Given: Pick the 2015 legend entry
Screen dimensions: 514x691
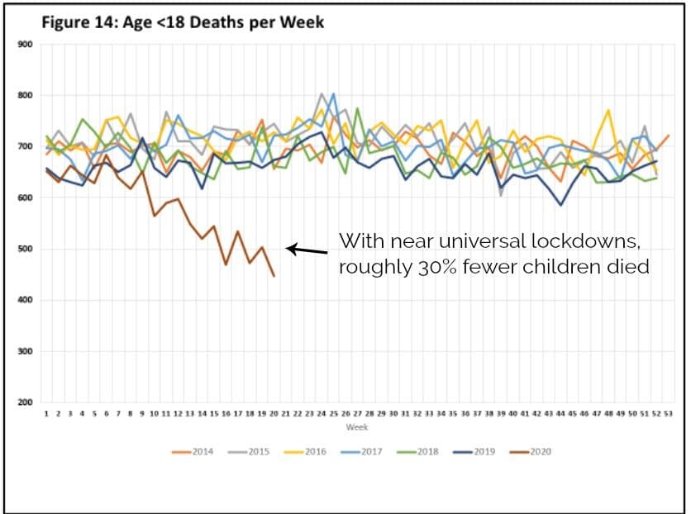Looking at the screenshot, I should click(249, 451).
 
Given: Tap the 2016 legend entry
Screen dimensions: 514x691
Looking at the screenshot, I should click(305, 451).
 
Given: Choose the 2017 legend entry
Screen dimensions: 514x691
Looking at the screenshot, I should click(361, 451).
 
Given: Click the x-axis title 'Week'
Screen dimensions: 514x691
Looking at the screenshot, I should click(356, 428).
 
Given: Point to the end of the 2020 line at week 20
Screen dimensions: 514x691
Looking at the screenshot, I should click(274, 276).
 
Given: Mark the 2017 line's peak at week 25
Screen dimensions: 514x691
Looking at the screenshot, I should click(333, 94).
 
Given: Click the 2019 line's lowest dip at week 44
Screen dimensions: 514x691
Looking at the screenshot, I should click(561, 205).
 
